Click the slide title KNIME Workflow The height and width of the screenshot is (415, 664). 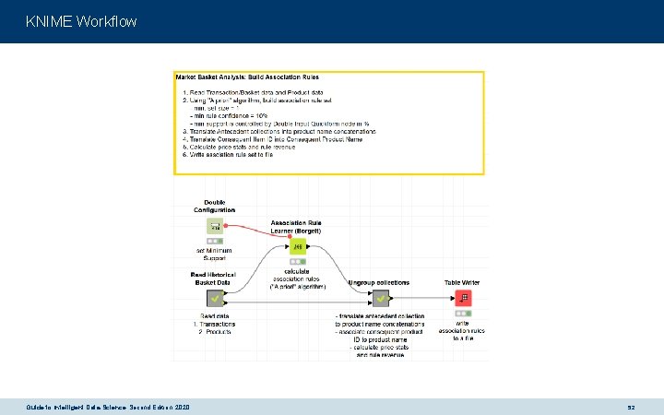point(81,20)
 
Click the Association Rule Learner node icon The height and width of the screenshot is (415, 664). point(297,246)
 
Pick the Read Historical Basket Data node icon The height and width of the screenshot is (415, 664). point(213,298)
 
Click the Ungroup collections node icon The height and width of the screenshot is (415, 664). point(379,298)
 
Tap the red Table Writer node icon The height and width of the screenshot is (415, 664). point(465,298)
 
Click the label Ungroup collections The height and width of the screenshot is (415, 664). point(379,283)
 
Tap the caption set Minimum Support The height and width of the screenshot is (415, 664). point(213,255)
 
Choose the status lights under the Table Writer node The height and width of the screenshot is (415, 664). point(465,314)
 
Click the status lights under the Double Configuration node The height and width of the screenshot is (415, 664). point(213,240)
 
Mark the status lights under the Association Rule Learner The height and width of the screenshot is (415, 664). point(297,262)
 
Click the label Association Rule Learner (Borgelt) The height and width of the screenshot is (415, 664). point(297,226)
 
